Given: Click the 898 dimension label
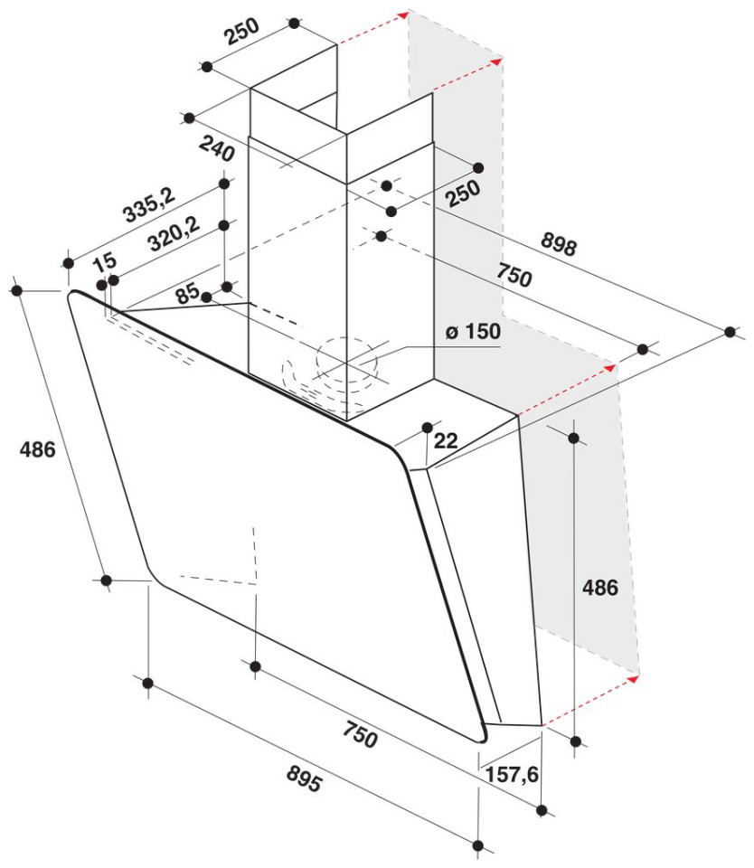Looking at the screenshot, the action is [x=559, y=243].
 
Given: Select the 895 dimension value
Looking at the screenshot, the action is [x=304, y=778].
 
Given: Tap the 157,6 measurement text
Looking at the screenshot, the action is [x=512, y=773].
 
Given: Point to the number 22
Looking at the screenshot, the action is [x=446, y=440].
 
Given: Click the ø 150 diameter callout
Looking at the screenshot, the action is [x=474, y=331].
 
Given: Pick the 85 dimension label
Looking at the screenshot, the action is [x=187, y=293].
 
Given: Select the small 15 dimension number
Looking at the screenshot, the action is [x=105, y=262].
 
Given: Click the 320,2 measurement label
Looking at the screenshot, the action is [x=174, y=235].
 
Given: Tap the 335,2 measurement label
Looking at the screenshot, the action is [x=148, y=205].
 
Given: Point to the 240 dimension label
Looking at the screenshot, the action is [x=216, y=148].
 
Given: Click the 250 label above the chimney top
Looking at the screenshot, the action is [x=241, y=32].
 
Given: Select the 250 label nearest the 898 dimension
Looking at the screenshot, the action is [x=464, y=193].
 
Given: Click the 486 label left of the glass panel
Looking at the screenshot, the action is [x=38, y=449].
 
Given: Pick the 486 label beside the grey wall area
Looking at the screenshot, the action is [x=600, y=588].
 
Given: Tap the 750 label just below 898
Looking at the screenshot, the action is [x=514, y=275].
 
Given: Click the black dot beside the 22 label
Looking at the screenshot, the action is [x=428, y=428].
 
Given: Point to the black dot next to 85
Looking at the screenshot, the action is [x=206, y=297].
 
